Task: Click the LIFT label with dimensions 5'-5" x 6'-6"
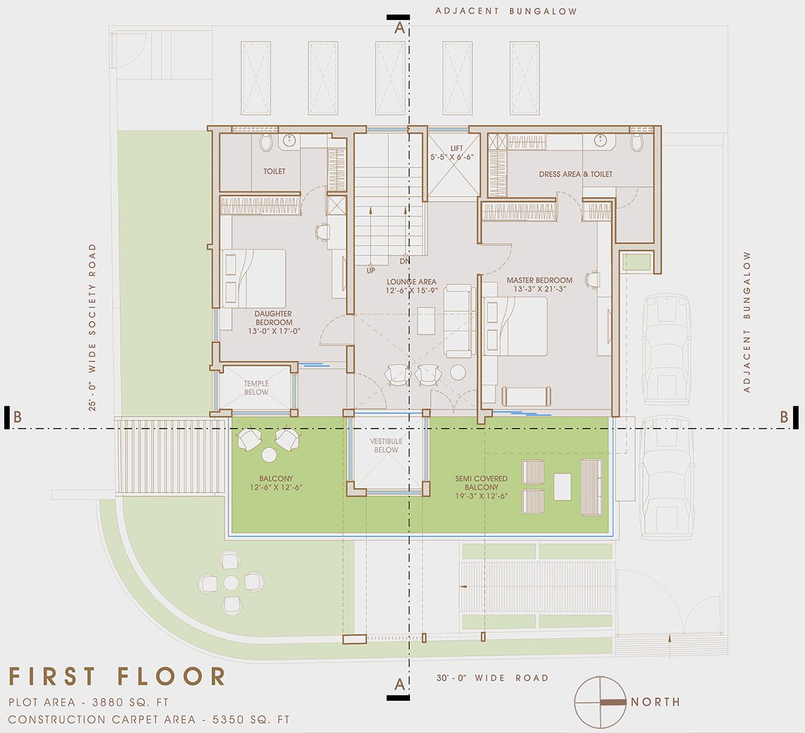pos(452,152)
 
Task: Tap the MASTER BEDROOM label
pos(539,285)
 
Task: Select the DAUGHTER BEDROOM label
pos(273,322)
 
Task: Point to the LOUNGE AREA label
pos(411,286)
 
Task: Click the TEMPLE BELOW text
pos(256,388)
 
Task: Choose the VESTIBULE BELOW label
pos(386,446)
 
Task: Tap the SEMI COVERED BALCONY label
pos(481,487)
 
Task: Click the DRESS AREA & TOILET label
pos(576,174)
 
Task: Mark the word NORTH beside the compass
pos(655,702)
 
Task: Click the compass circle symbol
pos(599,702)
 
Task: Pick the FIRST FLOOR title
pos(117,676)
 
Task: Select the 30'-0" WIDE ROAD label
pos(492,678)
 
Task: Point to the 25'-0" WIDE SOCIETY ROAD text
pos(92,327)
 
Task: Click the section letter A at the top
pos(400,28)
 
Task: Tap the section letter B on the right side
pos(784,416)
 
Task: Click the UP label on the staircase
pos(371,271)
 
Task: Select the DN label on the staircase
pos(405,261)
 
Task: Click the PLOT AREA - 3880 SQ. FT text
pos(89,703)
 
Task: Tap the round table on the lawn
pos(231,582)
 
